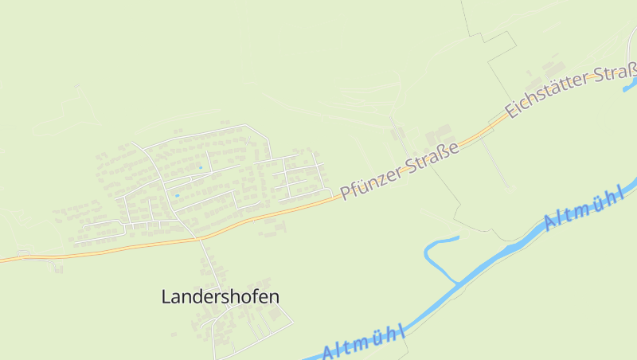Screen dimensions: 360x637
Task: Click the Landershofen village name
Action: pos(220,297)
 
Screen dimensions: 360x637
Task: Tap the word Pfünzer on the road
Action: pos(371,181)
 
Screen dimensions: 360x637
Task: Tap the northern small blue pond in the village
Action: pos(200,167)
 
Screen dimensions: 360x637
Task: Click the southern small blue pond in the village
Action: pos(177,195)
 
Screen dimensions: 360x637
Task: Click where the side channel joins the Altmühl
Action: pos(459,282)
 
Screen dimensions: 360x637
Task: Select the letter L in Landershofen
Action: pos(166,297)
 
